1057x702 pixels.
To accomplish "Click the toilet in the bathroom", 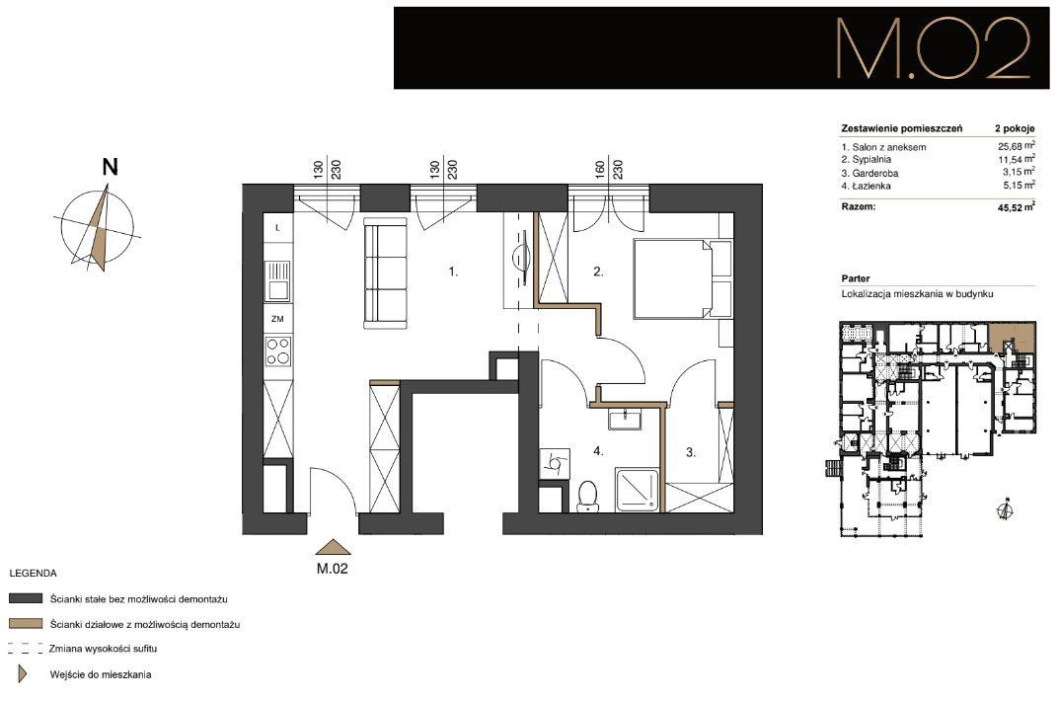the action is click(588, 496).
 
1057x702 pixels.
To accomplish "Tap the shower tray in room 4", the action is click(637, 491).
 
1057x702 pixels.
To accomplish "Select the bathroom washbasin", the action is click(627, 418).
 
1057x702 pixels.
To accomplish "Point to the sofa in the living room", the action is click(386, 273).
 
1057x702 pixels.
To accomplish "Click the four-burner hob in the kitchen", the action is click(277, 351).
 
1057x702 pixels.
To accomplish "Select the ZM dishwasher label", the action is click(277, 319).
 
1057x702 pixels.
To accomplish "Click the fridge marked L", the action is click(277, 228).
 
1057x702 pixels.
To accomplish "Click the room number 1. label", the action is click(454, 272).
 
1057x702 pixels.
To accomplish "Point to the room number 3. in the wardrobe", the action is click(691, 452).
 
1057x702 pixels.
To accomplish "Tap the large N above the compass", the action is click(110, 167).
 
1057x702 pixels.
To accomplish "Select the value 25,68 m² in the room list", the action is click(1016, 146).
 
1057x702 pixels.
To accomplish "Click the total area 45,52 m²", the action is click(1016, 207).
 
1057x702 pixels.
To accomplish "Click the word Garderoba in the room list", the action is click(875, 173).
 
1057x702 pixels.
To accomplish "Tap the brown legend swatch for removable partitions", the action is click(26, 624).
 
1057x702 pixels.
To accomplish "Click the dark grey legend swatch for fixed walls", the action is click(26, 598).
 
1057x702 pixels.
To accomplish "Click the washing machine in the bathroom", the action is click(555, 463).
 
